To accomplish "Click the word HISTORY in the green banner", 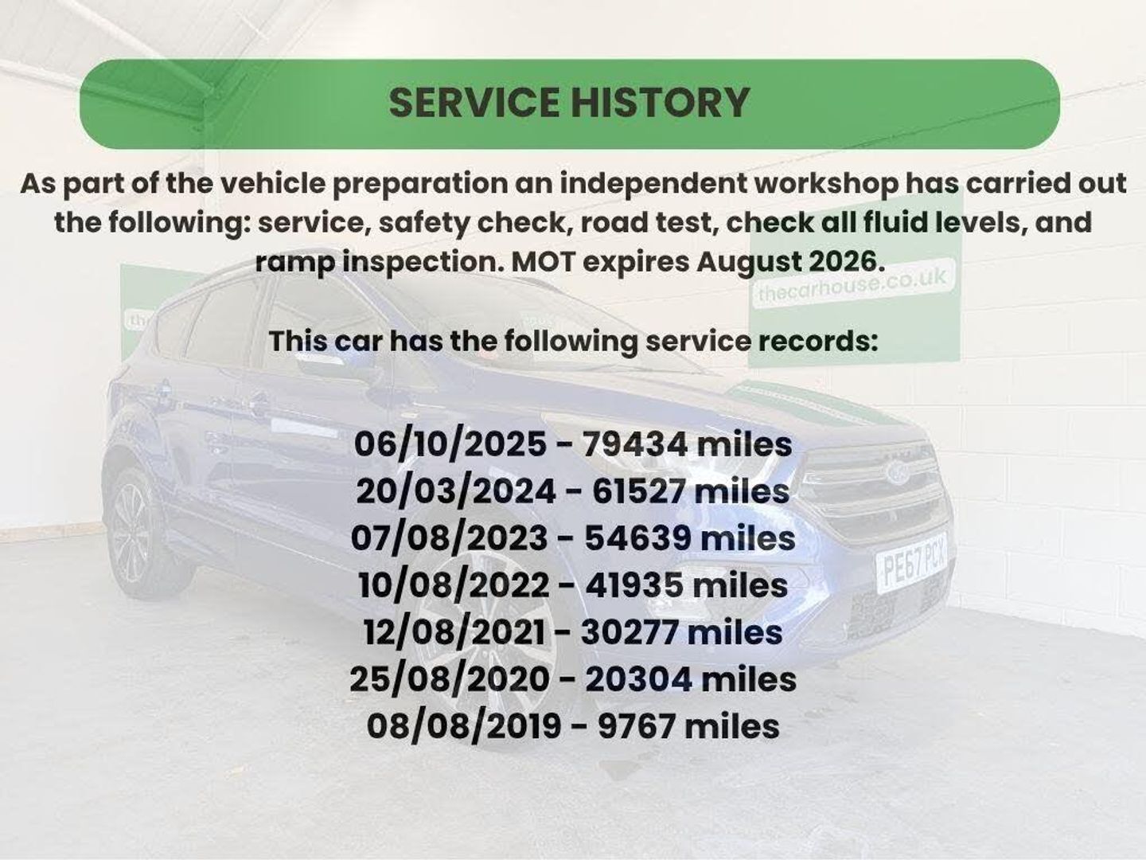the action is [x=660, y=102].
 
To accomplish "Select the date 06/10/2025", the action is [x=450, y=445].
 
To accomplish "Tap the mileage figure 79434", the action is [x=635, y=445].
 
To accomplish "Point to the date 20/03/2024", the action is [x=455, y=492].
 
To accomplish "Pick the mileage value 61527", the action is [x=638, y=492].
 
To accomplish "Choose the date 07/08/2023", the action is [x=449, y=539].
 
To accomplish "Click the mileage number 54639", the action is [x=637, y=539].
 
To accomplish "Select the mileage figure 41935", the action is [x=633, y=586].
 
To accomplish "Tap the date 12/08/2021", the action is [x=454, y=633].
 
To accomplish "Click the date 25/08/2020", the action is [x=450, y=680].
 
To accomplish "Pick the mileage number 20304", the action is [x=639, y=680].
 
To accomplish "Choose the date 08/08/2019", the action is [x=464, y=727].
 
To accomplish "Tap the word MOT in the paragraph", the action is [x=542, y=262].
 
